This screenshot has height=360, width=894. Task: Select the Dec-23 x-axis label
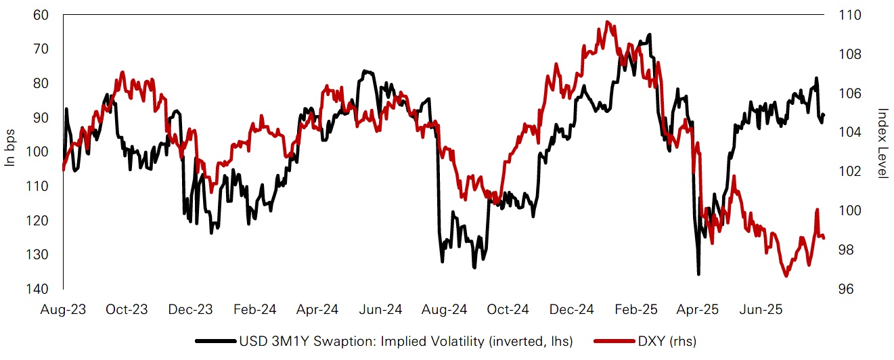pyautogui.click(x=192, y=310)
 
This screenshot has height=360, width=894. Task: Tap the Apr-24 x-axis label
pyautogui.click(x=317, y=310)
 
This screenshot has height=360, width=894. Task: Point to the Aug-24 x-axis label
pyautogui.click(x=444, y=310)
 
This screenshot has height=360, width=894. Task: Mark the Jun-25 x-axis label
pyautogui.click(x=762, y=310)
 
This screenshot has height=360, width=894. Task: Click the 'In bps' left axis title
pyautogui.click(x=10, y=152)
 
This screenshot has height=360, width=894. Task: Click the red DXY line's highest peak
pyautogui.click(x=608, y=22)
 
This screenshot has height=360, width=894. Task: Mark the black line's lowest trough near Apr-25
pyautogui.click(x=698, y=273)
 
